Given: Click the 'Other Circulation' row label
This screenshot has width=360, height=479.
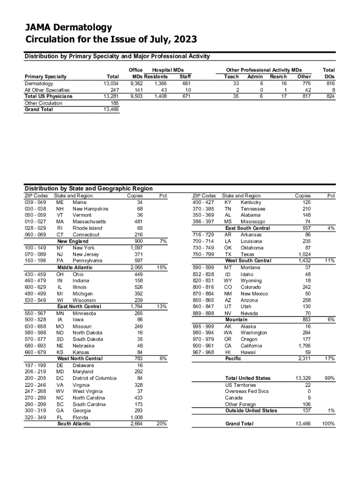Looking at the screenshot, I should coord(43,103).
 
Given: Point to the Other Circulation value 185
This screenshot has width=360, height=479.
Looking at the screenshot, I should coord(114,103).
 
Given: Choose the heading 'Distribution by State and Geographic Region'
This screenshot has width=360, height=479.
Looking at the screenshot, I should coord(88,189).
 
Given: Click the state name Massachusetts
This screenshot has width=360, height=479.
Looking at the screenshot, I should coord(89,222).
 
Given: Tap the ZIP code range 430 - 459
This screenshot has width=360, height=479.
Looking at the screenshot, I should coord(36,274).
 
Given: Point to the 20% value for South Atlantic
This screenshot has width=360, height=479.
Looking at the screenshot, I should coord(162,424).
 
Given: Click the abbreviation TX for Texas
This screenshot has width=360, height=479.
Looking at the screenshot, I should coord(228,254).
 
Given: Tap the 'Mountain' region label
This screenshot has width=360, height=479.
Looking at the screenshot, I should coord(237,319).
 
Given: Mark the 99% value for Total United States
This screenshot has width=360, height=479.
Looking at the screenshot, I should coord(330,378).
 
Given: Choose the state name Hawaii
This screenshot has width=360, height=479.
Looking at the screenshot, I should coord(248,352).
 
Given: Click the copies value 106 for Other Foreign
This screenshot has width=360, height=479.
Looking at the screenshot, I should coord(307,404).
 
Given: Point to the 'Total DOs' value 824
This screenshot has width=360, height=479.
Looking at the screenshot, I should coord(330,96).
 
